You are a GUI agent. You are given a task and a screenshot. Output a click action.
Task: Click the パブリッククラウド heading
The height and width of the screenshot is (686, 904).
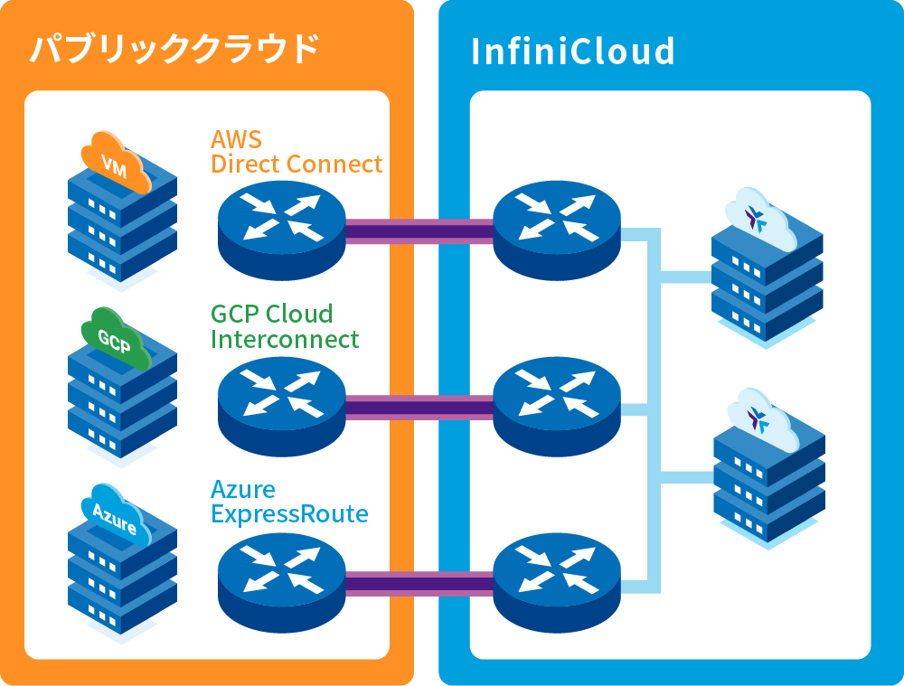[174, 49]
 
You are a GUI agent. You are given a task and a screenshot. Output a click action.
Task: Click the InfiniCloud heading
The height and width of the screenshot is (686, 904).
[572, 52]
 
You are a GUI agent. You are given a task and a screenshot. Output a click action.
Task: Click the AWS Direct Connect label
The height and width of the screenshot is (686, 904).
[297, 152]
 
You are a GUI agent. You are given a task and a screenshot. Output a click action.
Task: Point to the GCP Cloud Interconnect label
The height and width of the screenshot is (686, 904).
[285, 326]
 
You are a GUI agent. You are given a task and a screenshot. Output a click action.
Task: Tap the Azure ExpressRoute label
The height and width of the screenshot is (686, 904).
[289, 502]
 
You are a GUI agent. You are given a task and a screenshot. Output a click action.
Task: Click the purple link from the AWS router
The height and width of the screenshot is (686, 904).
[419, 231]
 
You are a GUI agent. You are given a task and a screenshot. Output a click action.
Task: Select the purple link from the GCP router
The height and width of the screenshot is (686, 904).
[419, 408]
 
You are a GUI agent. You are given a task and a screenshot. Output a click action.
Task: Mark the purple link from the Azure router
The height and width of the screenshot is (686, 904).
[419, 584]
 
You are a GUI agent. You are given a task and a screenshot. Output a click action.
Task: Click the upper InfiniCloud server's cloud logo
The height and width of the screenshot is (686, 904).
[758, 217]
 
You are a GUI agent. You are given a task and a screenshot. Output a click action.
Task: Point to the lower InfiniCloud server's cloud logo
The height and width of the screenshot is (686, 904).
[758, 418]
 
